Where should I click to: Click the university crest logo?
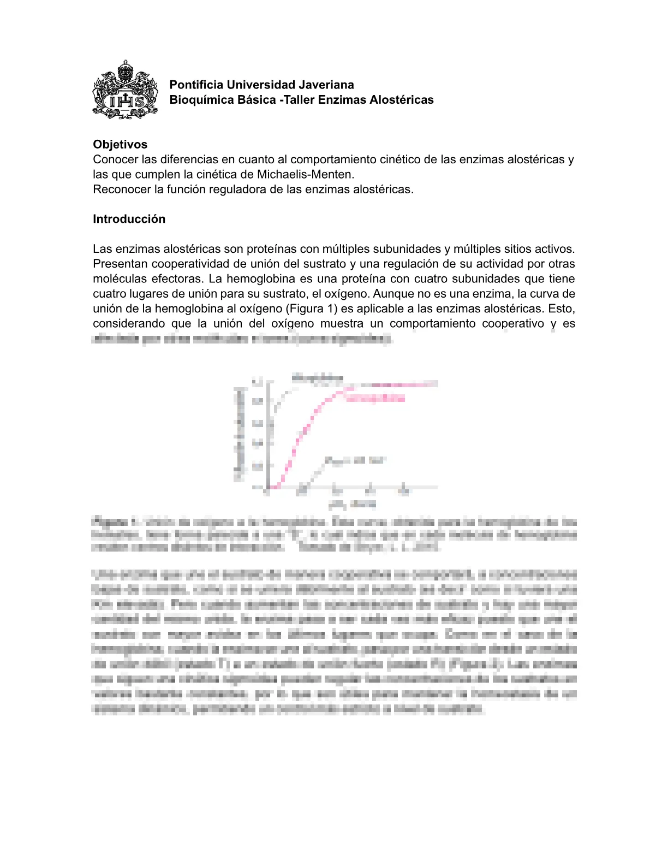pyautogui.click(x=126, y=90)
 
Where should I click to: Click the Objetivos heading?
pyautogui.click(x=120, y=144)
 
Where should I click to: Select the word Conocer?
pyautogui.click(x=115, y=159)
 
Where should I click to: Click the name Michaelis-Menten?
pyautogui.click(x=305, y=174)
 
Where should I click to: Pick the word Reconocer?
pyautogui.click(x=119, y=189)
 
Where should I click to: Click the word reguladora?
pyautogui.click(x=248, y=189)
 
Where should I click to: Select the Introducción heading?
pyautogui.click(x=129, y=219)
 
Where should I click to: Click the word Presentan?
pyautogui.click(x=120, y=264)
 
